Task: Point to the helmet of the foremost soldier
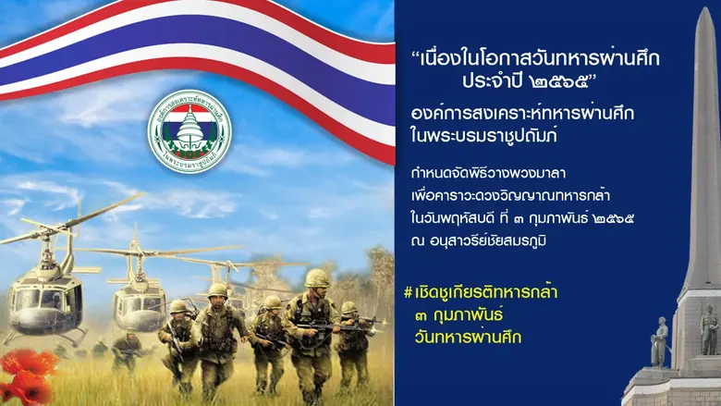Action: [316, 277]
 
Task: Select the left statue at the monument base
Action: [660, 341]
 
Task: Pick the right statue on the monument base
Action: [708, 329]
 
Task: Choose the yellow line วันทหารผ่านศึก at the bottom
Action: [469, 338]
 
